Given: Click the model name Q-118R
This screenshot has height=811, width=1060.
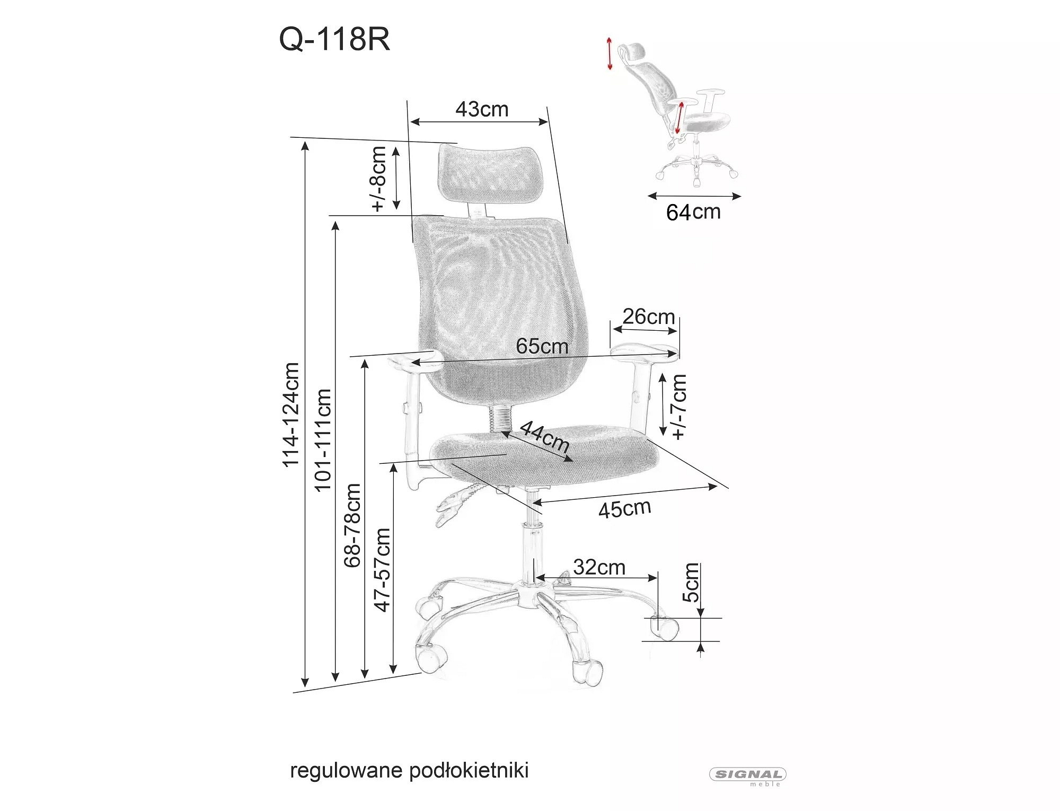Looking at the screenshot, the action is click(334, 40).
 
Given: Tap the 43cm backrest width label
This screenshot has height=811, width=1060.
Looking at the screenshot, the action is click(482, 109).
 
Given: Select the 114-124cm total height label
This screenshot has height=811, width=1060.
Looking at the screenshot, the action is click(291, 415).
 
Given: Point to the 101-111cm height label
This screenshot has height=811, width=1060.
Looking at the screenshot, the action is click(323, 440).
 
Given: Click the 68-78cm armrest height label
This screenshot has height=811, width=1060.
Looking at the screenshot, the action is click(352, 525).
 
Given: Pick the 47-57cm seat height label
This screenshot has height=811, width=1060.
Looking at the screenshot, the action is click(382, 570).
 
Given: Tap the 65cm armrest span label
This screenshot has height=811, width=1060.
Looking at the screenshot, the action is click(542, 347).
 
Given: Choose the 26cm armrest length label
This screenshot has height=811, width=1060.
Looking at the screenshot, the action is click(649, 316).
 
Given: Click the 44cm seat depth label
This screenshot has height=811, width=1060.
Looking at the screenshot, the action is click(544, 436).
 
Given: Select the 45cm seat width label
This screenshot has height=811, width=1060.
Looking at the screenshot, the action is click(625, 509).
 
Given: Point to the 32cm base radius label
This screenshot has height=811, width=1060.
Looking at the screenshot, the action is click(599, 567).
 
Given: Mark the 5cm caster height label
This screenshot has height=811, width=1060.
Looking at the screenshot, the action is click(691, 583).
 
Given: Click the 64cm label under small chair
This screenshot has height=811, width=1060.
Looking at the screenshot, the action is click(694, 212).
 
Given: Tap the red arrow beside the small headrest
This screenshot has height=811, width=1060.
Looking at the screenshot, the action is click(609, 53).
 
